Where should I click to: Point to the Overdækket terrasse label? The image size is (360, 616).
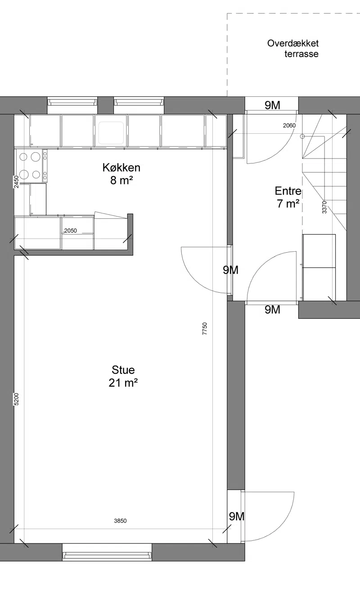(293, 48)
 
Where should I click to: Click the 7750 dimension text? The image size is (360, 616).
(204, 329)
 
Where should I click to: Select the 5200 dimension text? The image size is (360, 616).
(16, 399)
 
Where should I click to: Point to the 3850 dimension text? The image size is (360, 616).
(120, 521)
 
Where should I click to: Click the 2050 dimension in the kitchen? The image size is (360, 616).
(70, 231)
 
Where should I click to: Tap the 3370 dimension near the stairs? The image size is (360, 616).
(324, 207)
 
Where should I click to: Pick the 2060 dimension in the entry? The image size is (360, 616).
(289, 125)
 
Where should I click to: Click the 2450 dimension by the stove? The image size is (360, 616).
(17, 182)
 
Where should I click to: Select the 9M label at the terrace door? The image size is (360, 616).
(272, 105)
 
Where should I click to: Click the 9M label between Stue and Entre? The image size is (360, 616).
(230, 270)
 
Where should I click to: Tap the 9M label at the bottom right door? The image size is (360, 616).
(237, 516)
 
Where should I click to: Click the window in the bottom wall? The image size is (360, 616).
(107, 552)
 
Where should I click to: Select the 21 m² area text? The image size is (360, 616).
(123, 383)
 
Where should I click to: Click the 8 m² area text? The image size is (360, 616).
(122, 181)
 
